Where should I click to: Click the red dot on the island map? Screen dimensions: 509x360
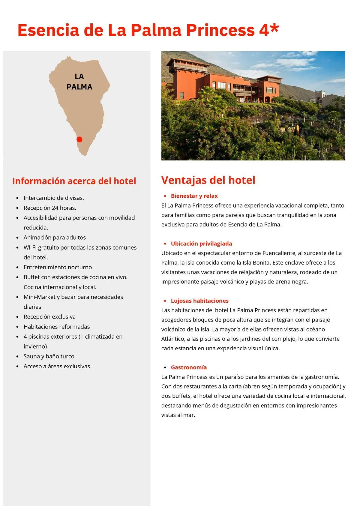click(79, 139)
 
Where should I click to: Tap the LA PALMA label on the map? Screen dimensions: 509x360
click(79, 82)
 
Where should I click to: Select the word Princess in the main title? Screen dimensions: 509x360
click(220, 30)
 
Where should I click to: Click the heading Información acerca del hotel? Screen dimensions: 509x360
click(74, 181)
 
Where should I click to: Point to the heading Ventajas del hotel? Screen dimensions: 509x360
click(208, 180)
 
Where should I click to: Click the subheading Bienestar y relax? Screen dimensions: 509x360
click(194, 196)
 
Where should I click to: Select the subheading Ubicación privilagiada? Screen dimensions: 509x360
click(201, 244)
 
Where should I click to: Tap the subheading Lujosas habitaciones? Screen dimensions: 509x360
click(199, 301)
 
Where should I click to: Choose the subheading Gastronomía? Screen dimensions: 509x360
click(189, 367)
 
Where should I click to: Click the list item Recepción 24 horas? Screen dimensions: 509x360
click(50, 208)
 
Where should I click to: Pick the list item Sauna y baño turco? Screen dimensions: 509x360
click(49, 356)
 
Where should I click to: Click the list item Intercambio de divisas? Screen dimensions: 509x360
click(54, 198)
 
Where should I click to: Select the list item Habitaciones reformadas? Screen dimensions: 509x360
click(57, 327)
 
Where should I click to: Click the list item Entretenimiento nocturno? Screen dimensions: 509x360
click(58, 267)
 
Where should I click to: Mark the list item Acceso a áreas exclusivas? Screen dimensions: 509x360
click(57, 366)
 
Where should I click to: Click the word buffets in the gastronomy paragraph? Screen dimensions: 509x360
click(181, 396)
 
